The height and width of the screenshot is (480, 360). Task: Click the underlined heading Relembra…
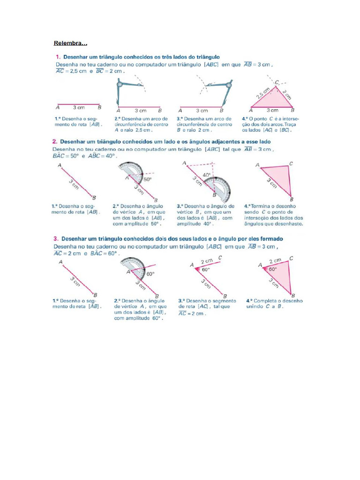[70, 44]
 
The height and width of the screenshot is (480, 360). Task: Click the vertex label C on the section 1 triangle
[277, 82]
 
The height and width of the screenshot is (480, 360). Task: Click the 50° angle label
[147, 179]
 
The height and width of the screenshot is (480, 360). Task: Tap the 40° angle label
[207, 175]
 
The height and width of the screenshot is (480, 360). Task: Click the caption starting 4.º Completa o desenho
[274, 303]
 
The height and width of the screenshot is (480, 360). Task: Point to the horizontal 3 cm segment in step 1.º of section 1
[78, 105]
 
